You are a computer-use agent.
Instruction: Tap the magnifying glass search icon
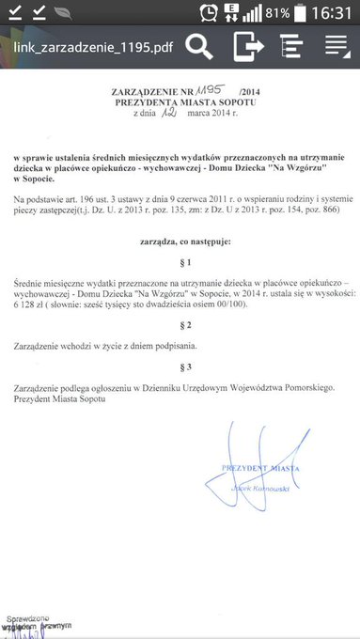click(199, 44)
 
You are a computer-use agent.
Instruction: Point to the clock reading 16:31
click(333, 14)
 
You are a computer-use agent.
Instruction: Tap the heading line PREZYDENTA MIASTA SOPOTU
click(180, 100)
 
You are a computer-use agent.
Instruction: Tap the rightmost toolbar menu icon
click(337, 44)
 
